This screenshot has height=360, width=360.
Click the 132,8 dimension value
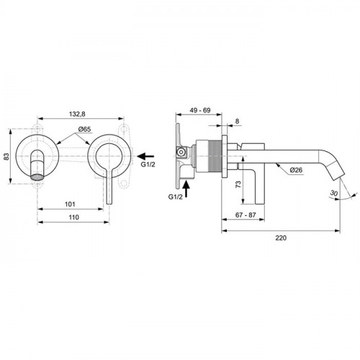[x=77, y=114]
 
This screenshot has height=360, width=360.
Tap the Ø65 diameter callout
[x=84, y=130]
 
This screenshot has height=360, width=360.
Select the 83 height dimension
[x=7, y=156]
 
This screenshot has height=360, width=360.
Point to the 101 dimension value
[x=70, y=204]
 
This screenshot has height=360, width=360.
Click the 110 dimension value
[x=73, y=217]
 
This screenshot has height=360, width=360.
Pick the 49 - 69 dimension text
[x=200, y=110]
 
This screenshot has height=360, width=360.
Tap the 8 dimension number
[x=237, y=121]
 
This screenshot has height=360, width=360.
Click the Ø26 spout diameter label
[x=296, y=170]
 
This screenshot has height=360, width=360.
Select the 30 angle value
[x=334, y=193]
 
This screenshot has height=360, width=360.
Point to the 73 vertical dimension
[x=238, y=184]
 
